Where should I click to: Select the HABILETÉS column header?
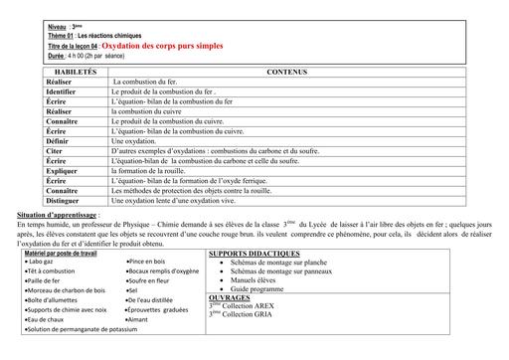(76, 73)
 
